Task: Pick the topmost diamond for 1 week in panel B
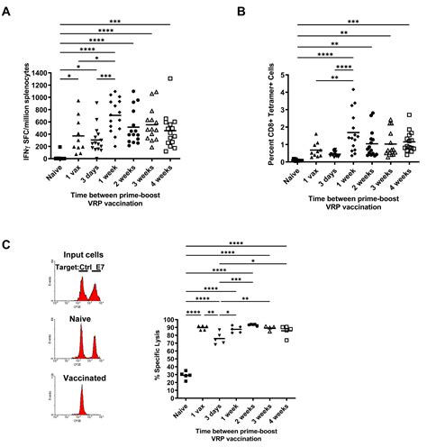[x=331, y=90]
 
